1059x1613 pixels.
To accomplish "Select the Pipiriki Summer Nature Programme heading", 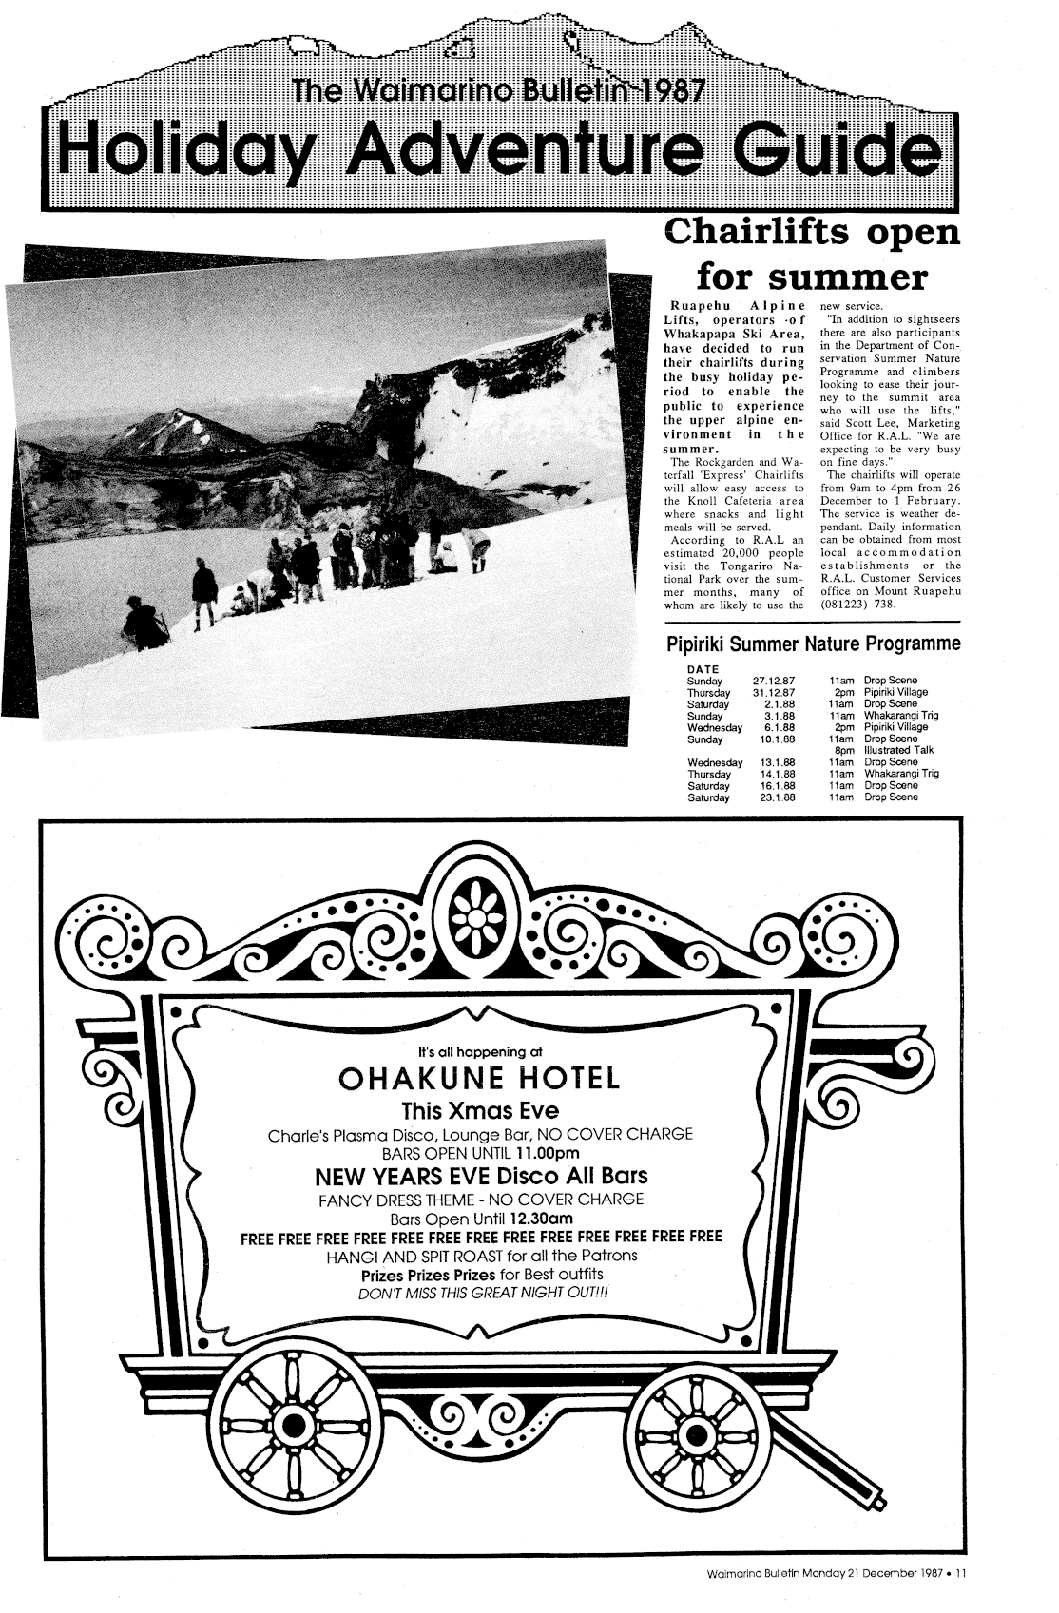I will pyautogui.click(x=815, y=644).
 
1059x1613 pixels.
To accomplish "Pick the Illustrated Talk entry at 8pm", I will pyautogui.click(x=898, y=750).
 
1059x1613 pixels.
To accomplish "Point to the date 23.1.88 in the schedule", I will pyautogui.click(x=778, y=797).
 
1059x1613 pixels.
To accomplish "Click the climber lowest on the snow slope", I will pyautogui.click(x=144, y=623).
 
